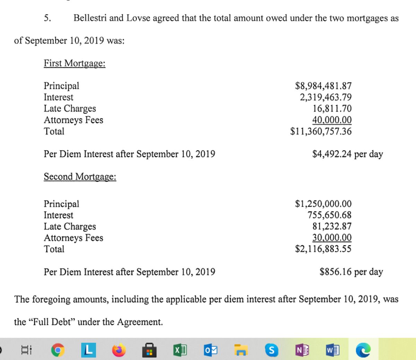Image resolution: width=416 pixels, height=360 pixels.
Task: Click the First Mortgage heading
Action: coord(75,63)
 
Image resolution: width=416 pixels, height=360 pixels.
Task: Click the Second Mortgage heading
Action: coord(80,177)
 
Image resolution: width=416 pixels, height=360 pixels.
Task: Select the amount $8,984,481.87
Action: coord(323,86)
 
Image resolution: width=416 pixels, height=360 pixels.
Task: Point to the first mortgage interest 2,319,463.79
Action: coord(326,97)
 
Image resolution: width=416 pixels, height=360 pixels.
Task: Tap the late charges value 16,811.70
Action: coord(332,109)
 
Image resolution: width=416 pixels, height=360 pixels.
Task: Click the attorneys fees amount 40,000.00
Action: coord(332,120)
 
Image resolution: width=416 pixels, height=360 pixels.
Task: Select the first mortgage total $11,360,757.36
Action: coord(321,131)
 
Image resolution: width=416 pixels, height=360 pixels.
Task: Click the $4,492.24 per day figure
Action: coord(347,154)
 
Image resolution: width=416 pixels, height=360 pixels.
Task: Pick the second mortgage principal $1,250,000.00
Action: coord(323,204)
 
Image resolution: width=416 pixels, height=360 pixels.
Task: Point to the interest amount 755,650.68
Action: coord(329,215)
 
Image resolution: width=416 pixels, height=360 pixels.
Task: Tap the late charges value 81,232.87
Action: coord(332,226)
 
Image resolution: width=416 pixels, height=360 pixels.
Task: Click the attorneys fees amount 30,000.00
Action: coord(332,238)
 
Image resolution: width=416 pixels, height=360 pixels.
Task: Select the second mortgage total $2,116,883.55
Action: coord(323,249)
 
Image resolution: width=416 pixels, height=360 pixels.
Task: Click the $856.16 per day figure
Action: coord(351,272)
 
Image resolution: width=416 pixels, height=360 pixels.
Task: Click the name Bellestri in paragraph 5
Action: coord(90,18)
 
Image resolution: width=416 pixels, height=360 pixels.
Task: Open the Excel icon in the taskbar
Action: coord(180,350)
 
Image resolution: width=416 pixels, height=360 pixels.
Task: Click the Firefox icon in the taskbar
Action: coord(119,350)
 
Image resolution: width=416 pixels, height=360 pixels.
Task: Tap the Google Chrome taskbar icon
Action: coord(58,350)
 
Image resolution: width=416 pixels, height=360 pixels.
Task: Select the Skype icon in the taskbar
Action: coord(271,350)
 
